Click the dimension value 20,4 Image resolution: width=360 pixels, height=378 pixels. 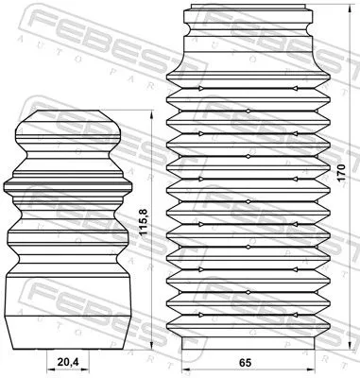[x=66, y=361]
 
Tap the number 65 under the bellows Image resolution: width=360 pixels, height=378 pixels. [x=244, y=362]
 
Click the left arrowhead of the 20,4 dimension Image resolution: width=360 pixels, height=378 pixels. [x=48, y=368]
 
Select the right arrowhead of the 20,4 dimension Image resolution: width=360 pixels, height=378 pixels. [x=86, y=368]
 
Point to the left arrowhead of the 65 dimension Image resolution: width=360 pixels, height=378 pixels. [x=182, y=368]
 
